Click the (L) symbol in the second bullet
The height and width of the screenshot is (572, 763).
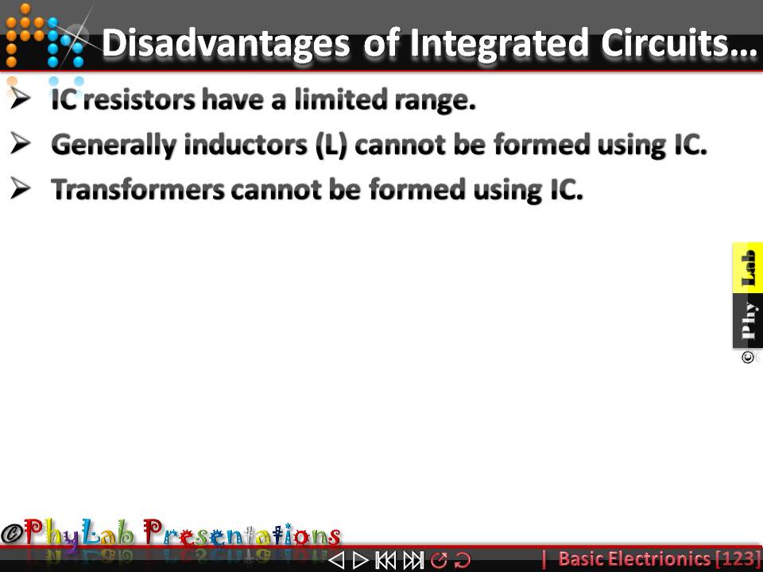tap(332, 145)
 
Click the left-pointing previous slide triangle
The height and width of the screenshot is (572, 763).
tap(336, 560)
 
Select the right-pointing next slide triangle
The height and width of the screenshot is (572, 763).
tap(360, 560)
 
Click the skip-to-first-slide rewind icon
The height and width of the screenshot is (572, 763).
tap(385, 560)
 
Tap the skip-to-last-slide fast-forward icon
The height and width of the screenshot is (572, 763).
tap(412, 560)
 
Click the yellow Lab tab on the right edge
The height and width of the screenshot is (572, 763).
tap(748, 267)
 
